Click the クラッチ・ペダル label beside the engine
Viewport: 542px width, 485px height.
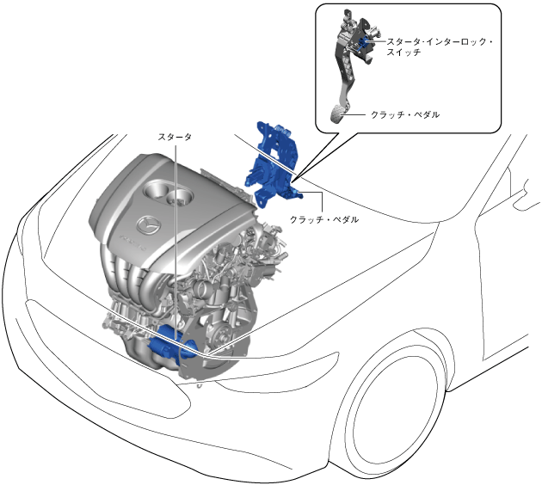pyautogui.click(x=324, y=220)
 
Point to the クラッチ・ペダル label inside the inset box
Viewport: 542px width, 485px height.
pyautogui.click(x=405, y=114)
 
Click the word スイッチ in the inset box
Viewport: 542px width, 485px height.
pyautogui.click(x=403, y=53)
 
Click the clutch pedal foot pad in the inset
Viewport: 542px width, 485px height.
pyautogui.click(x=338, y=112)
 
